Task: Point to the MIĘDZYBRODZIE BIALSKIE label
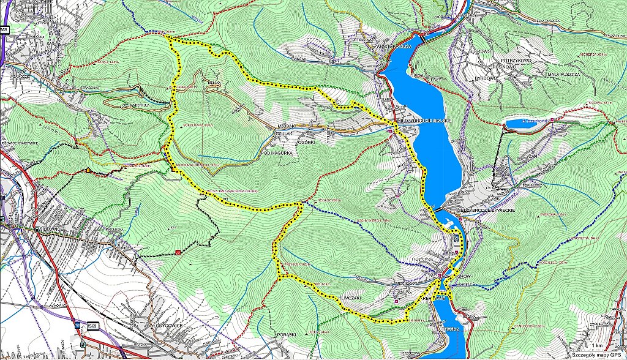click(425, 121)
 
